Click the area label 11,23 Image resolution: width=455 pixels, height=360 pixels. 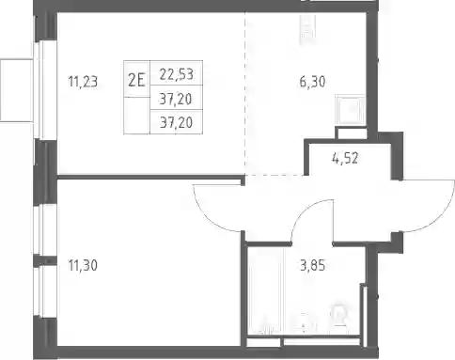(83, 82)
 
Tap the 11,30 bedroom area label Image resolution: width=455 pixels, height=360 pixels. (83, 265)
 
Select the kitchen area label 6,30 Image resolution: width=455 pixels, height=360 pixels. (312, 82)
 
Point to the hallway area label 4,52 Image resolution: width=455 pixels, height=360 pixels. (345, 158)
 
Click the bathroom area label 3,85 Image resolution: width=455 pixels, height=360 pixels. (312, 265)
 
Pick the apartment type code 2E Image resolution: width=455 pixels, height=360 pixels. (136, 81)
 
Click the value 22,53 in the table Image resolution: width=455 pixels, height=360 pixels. (176, 74)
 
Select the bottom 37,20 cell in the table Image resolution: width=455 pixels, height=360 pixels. (176, 122)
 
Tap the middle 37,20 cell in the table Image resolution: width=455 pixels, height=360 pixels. (176, 98)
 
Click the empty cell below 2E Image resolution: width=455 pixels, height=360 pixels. (136, 116)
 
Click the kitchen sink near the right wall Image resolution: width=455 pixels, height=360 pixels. (351, 110)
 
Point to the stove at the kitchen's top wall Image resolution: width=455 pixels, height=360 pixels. (307, 30)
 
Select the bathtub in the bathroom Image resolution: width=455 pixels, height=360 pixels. (266, 291)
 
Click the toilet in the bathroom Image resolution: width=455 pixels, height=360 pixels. (339, 317)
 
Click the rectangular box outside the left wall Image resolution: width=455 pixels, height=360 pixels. (16, 90)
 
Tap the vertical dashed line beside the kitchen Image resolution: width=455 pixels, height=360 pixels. (245, 93)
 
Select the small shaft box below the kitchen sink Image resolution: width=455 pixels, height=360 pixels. (351, 133)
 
